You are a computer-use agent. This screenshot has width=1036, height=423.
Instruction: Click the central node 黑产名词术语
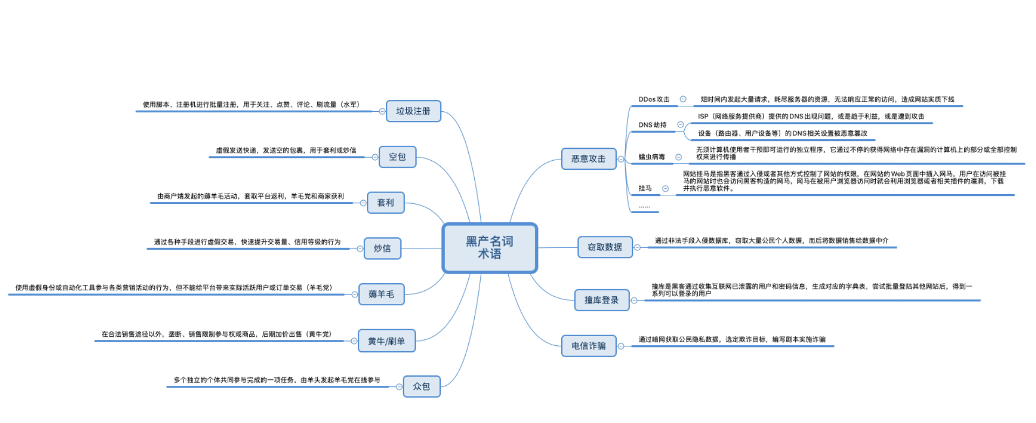(489, 248)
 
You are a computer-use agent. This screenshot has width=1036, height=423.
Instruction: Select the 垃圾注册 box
(413, 111)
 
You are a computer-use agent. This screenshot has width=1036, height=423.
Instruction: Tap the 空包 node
(397, 157)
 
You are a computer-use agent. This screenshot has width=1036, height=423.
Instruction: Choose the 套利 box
(385, 203)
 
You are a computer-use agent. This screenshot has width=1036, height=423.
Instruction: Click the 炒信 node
(382, 249)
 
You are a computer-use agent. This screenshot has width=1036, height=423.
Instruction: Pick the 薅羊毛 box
(381, 295)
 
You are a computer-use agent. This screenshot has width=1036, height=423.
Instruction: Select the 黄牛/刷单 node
(386, 341)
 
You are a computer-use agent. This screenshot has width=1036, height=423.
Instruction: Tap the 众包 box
(421, 386)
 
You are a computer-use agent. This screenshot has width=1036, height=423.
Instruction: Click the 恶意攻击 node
(588, 159)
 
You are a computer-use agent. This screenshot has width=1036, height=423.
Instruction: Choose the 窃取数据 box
(604, 247)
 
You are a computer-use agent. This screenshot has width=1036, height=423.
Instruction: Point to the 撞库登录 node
(601, 300)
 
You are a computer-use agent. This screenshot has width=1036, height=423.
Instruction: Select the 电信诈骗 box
(588, 346)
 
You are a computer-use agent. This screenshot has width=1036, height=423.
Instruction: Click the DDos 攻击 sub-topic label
(653, 99)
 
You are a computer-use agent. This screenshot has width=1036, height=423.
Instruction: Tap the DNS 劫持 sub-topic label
(652, 125)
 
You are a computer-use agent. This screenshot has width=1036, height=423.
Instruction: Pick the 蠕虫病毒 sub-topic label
(651, 157)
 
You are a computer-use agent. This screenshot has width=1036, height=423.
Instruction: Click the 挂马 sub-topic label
(645, 188)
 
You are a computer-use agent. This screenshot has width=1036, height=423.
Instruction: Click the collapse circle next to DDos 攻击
(683, 99)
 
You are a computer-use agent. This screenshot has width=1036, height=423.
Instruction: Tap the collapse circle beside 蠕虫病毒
(678, 157)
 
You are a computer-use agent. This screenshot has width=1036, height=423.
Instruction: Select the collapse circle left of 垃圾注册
(382, 111)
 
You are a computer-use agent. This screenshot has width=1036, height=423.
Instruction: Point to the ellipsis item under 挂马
(644, 206)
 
